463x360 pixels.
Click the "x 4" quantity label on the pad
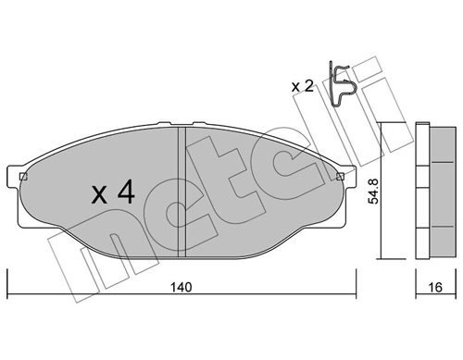tap(115, 194)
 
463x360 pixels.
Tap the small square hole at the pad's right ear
tap(340, 176)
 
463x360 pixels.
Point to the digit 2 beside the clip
tap(308, 86)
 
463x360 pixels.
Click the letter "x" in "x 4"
tap(101, 196)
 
